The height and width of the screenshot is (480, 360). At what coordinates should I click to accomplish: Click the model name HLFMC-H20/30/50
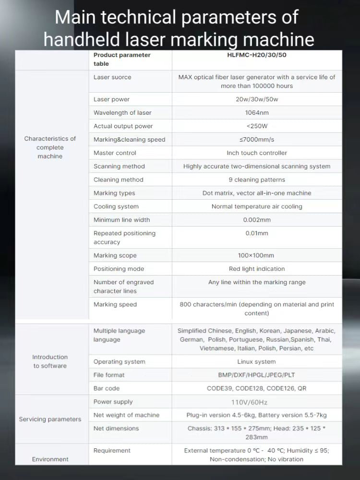257,55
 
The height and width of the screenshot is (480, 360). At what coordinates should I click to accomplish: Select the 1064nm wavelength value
257,113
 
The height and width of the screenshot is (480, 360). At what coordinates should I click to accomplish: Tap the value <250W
257,126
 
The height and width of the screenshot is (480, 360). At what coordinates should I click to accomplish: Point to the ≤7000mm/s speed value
257,140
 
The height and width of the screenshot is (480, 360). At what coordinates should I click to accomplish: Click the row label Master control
115,153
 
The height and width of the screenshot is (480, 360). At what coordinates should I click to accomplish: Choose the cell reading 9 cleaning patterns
257,180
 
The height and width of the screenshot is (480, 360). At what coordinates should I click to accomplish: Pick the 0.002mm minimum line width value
257,220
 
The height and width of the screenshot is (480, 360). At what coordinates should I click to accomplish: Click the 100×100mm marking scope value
257,255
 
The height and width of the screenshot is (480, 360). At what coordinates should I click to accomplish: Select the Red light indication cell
257,269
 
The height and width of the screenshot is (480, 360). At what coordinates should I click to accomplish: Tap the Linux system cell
257,362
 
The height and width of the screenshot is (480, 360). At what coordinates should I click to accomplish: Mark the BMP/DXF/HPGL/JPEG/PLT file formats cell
257,375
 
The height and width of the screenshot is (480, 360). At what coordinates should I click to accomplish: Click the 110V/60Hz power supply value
257,402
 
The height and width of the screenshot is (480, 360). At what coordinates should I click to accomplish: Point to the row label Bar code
107,388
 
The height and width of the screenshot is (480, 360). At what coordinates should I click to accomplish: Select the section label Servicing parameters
50,419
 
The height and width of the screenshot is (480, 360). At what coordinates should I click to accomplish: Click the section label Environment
50,459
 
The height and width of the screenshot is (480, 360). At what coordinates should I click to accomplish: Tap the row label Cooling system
116,206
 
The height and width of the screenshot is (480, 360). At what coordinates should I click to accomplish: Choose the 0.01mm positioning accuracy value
257,233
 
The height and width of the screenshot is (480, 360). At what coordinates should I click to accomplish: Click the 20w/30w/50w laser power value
257,99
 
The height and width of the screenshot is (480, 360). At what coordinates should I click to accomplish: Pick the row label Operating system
119,362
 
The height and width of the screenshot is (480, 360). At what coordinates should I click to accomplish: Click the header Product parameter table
122,59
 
